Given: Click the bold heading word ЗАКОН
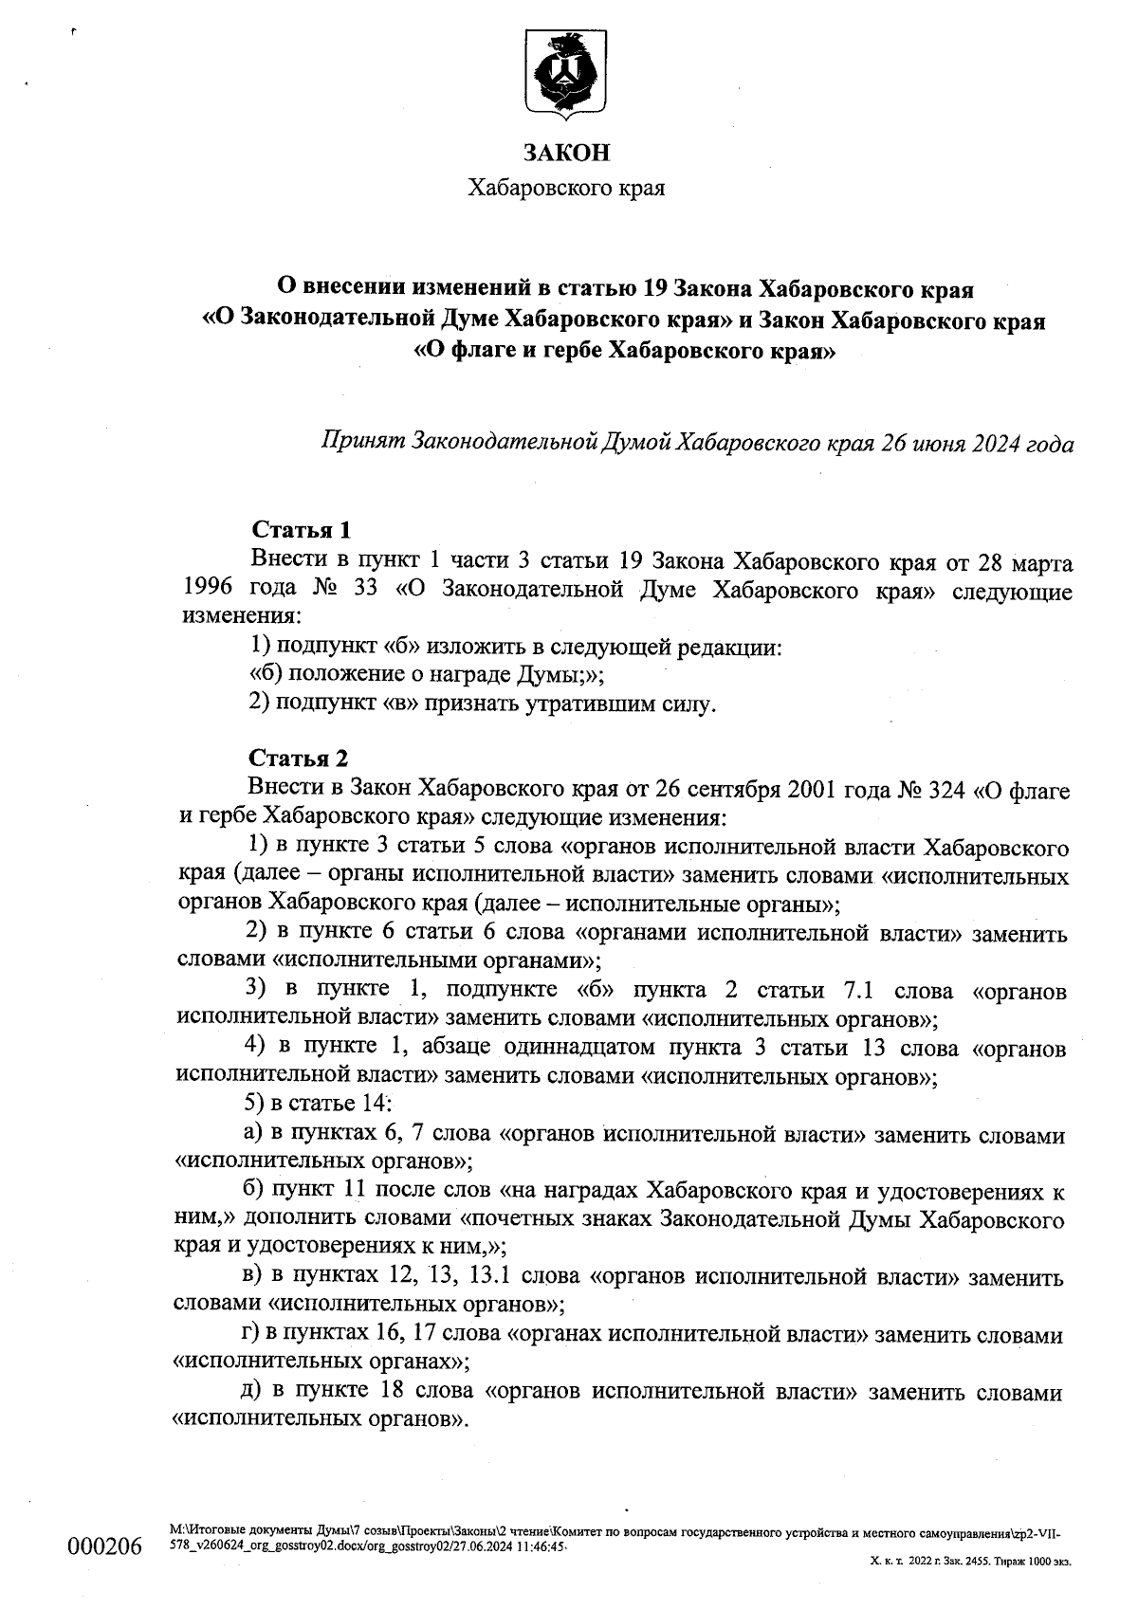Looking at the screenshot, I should (567, 153).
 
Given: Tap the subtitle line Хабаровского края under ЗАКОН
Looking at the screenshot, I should (567, 188).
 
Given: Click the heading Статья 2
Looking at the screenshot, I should (298, 759).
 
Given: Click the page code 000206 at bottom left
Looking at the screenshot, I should (103, 1547).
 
